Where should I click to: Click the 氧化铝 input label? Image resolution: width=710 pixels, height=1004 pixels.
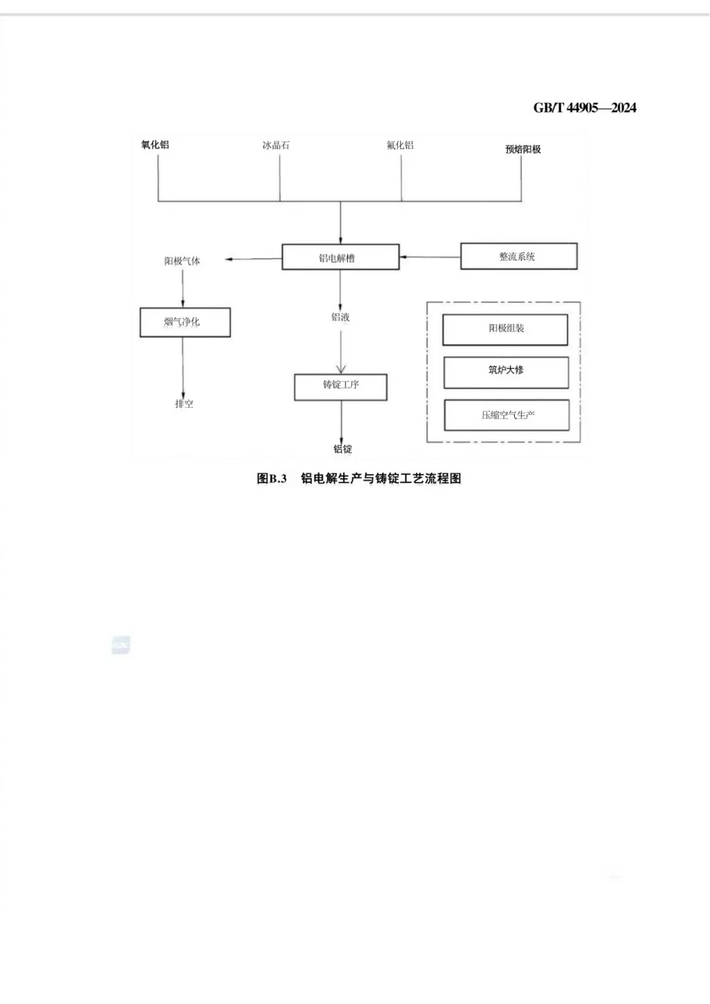click(x=155, y=145)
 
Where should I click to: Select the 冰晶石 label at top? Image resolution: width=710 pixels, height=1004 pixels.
click(x=276, y=145)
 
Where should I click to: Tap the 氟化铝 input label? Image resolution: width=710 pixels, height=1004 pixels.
click(x=400, y=145)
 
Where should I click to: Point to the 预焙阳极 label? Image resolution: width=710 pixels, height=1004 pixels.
click(x=523, y=149)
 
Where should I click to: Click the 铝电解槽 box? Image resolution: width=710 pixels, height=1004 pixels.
click(x=340, y=257)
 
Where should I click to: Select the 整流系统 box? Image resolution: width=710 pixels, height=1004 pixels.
click(x=518, y=256)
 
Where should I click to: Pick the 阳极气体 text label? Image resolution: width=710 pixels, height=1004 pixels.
click(x=182, y=261)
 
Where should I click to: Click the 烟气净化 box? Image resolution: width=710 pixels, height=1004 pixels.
click(x=185, y=322)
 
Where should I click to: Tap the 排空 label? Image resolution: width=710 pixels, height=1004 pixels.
click(x=184, y=404)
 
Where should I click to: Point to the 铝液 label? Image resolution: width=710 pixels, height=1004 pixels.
click(x=341, y=317)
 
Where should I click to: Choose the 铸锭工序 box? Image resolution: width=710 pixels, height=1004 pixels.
click(x=341, y=387)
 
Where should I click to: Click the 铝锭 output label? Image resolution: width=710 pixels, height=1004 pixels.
click(x=343, y=449)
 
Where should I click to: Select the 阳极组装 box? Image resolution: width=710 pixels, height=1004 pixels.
click(x=505, y=329)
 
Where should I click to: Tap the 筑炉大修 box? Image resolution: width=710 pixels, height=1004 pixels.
click(x=506, y=371)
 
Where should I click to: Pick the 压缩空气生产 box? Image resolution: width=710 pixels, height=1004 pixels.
click(x=506, y=416)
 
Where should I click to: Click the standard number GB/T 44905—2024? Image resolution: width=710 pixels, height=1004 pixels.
click(x=584, y=108)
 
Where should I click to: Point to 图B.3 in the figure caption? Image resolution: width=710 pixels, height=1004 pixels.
click(x=272, y=479)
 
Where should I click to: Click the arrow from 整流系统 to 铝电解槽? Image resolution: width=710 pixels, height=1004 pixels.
click(x=430, y=256)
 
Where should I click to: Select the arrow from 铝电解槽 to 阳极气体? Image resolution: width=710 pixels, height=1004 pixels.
click(x=254, y=259)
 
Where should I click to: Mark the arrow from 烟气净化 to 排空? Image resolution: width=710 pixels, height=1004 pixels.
click(x=183, y=366)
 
